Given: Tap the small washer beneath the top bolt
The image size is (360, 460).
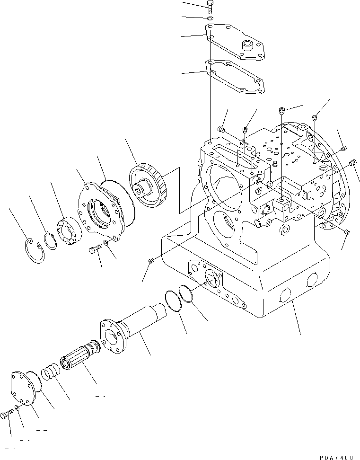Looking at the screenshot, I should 210,18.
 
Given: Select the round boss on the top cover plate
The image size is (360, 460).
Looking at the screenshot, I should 248,46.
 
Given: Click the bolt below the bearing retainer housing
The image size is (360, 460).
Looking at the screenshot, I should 95,248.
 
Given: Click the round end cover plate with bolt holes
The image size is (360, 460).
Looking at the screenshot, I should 24,389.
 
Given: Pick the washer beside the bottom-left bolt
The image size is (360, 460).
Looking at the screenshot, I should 17,408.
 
